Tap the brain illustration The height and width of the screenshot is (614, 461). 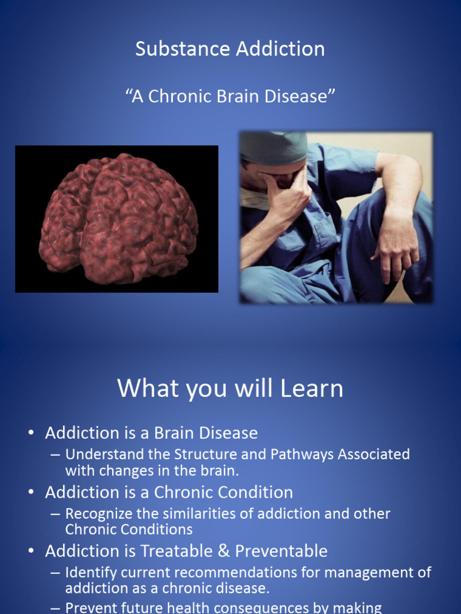point(118,218)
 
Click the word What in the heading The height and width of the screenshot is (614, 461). point(143,388)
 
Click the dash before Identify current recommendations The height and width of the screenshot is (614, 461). point(55,572)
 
